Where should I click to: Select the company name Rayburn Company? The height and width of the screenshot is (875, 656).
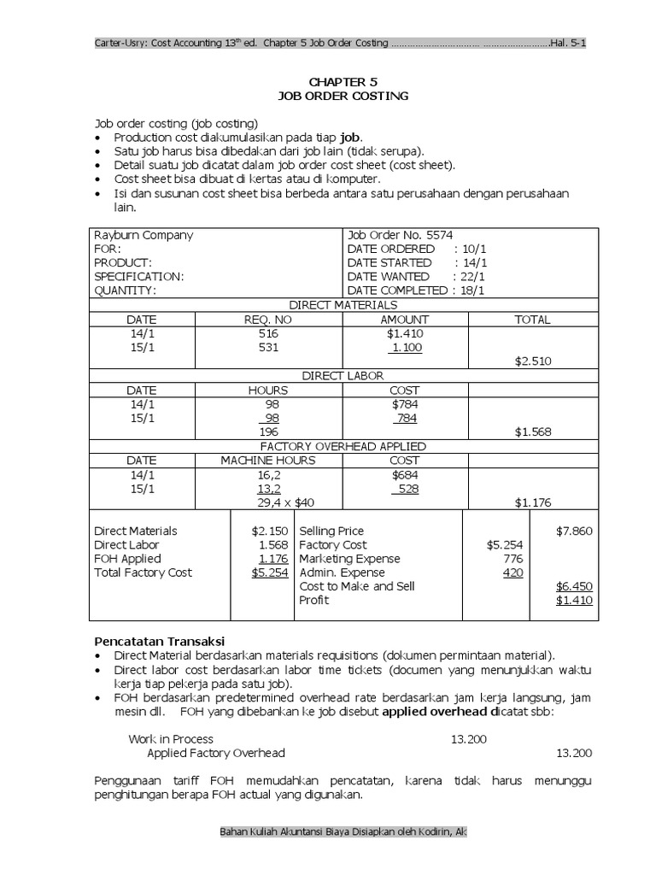pyautogui.click(x=143, y=235)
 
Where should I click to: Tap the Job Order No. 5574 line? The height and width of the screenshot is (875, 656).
pyautogui.click(x=401, y=235)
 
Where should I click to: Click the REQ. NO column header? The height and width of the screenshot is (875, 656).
pyautogui.click(x=268, y=319)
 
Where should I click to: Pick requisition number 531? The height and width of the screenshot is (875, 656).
pyautogui.click(x=268, y=347)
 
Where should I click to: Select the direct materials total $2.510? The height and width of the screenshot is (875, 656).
pyautogui.click(x=534, y=361)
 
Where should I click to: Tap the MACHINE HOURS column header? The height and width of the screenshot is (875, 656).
pyautogui.click(x=268, y=460)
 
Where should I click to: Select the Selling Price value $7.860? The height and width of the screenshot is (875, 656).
pyautogui.click(x=574, y=531)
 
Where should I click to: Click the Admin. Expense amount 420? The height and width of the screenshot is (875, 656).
pyautogui.click(x=512, y=573)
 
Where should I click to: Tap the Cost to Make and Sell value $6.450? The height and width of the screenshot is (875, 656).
pyautogui.click(x=574, y=586)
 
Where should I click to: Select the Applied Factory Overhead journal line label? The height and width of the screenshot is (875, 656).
pyautogui.click(x=216, y=753)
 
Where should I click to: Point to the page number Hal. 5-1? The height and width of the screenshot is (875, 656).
pyautogui.click(x=567, y=43)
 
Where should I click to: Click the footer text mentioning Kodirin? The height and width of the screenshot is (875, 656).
pyautogui.click(x=343, y=831)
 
